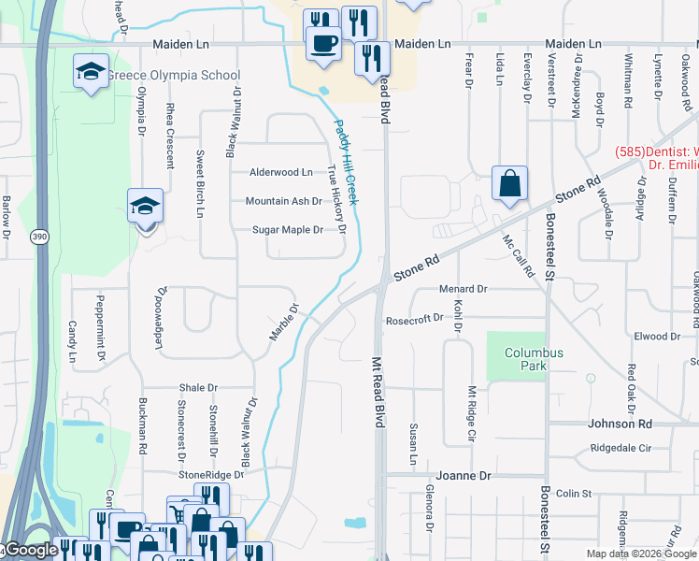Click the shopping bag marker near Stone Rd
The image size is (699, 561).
point(510,184)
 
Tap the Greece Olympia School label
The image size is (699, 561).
point(174,76)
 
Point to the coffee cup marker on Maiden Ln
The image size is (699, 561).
point(324,43)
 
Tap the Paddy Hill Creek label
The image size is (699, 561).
point(347,163)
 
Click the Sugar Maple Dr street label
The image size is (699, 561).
point(288,230)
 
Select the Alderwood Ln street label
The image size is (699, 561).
point(280,172)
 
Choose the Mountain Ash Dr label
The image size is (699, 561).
point(283,201)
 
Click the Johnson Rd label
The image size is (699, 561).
point(619,424)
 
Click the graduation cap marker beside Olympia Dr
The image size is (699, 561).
point(145,205)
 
